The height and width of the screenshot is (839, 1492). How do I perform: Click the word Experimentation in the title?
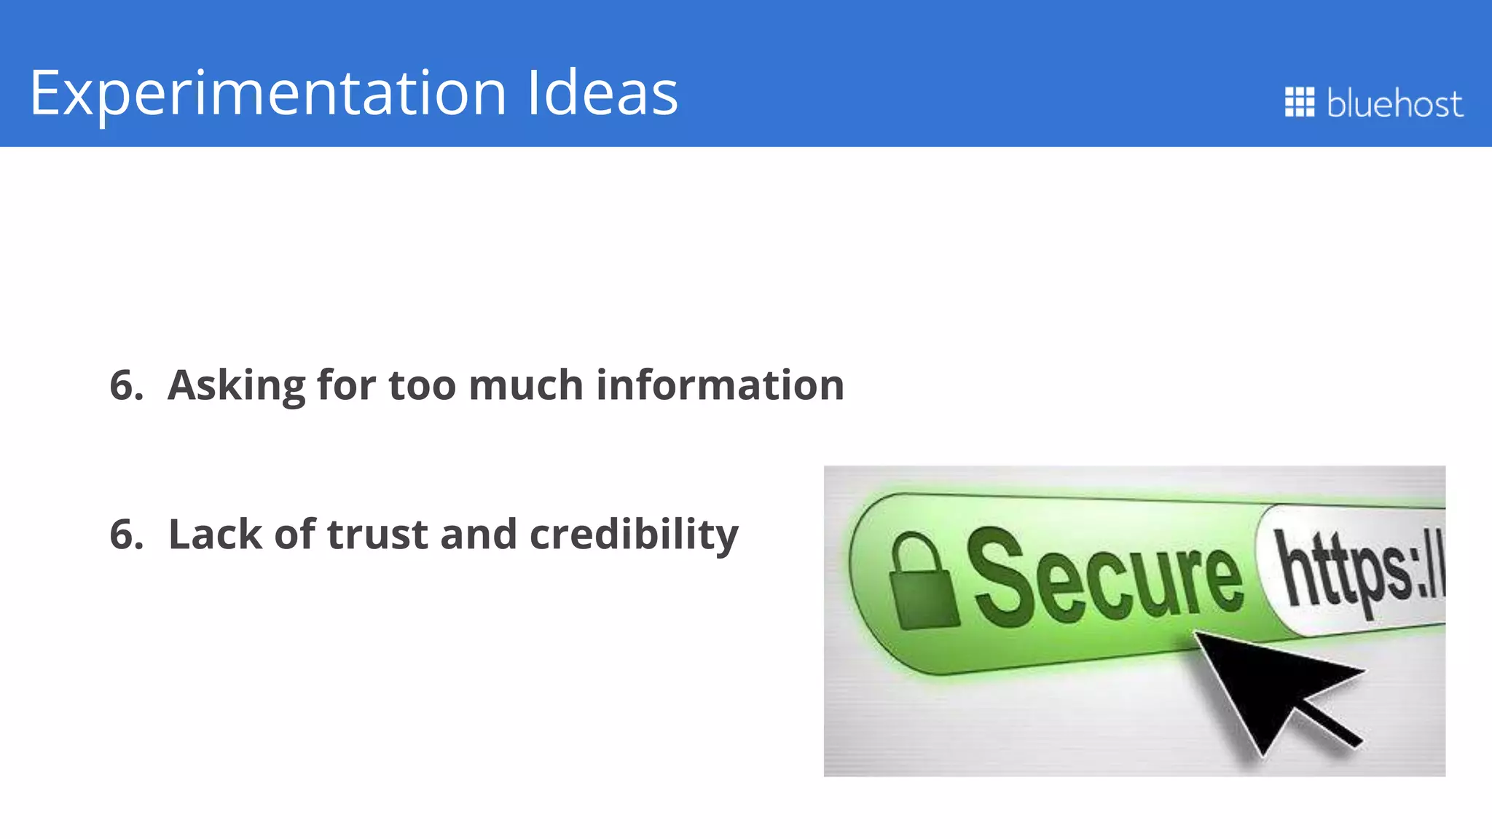click(x=268, y=93)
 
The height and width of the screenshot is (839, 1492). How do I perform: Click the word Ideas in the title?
click(x=602, y=93)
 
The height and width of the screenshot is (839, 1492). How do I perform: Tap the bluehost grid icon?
click(x=1299, y=102)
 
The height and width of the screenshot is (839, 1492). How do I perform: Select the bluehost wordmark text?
click(x=1394, y=103)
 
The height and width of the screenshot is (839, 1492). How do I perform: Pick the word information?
click(x=720, y=385)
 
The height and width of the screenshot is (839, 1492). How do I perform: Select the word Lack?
click(x=215, y=534)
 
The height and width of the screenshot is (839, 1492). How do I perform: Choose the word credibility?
click(x=634, y=535)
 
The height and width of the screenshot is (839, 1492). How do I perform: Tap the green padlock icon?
click(x=922, y=583)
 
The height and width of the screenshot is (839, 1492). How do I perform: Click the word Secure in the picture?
click(x=1104, y=579)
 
